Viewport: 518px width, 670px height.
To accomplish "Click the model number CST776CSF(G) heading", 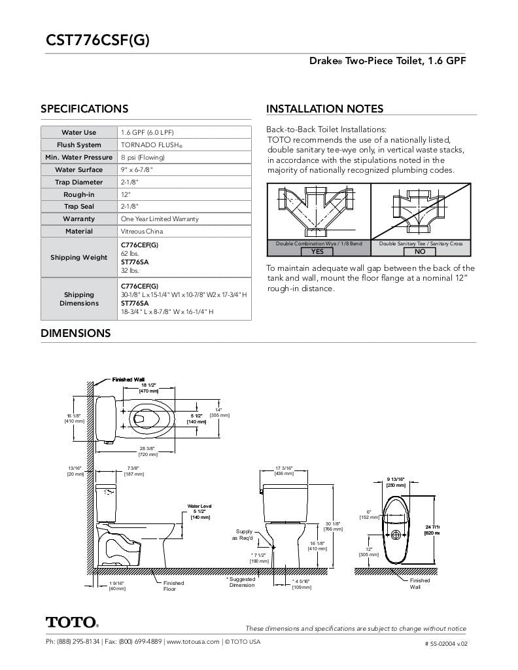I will (x=97, y=41).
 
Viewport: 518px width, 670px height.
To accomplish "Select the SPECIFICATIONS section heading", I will (x=84, y=109).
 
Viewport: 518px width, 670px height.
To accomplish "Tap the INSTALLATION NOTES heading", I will (x=324, y=109).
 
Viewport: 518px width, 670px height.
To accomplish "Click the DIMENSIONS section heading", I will (x=76, y=333).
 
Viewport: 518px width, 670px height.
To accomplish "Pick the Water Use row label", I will (x=79, y=133).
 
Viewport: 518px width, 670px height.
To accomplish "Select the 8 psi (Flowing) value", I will (x=143, y=158).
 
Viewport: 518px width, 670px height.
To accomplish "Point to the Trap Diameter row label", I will (x=79, y=183).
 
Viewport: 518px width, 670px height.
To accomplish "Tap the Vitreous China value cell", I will (x=143, y=232).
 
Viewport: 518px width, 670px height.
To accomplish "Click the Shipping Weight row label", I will (x=79, y=257).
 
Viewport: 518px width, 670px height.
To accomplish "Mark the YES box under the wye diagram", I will (x=317, y=251).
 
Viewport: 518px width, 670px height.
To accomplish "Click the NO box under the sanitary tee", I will (x=420, y=251).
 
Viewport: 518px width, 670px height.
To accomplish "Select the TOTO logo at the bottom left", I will (x=72, y=622).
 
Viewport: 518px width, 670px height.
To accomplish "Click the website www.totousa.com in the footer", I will (x=192, y=642).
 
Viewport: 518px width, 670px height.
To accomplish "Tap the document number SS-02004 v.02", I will (x=446, y=643).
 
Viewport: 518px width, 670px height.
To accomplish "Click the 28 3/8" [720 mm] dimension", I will (x=148, y=451).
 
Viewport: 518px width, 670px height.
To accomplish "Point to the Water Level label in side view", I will (x=199, y=506).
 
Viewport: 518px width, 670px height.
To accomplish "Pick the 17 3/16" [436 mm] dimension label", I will (x=283, y=470).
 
